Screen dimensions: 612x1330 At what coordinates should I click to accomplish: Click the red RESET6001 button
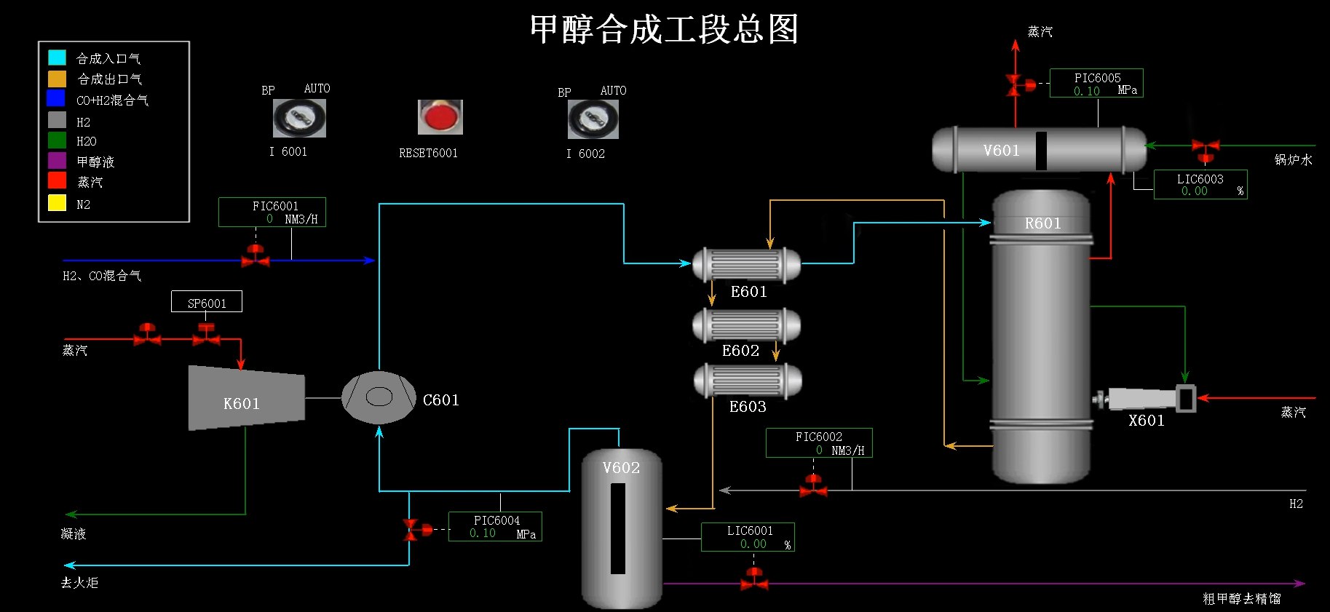tap(440, 117)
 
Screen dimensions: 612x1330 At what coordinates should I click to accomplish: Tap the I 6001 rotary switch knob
tap(299, 118)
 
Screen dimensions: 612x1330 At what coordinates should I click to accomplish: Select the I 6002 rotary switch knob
tap(593, 119)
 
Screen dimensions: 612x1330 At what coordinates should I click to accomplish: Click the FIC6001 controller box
tap(272, 212)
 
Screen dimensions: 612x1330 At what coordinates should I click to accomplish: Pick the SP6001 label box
tap(207, 302)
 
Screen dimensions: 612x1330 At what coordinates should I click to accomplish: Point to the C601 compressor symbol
tap(379, 397)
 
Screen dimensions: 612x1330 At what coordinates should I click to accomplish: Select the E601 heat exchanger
tap(746, 265)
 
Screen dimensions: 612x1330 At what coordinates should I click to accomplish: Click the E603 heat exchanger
tap(748, 381)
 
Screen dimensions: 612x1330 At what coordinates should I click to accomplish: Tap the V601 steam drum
tap(1039, 151)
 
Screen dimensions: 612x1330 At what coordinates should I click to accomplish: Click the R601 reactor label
tap(1042, 223)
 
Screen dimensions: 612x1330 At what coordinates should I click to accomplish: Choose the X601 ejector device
tap(1147, 399)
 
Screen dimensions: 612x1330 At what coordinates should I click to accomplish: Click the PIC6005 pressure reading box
tap(1096, 84)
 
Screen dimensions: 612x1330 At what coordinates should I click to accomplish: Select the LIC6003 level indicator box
tap(1200, 185)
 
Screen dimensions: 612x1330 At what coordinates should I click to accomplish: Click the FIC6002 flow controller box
tap(819, 442)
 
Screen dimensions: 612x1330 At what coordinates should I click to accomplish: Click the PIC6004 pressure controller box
tap(495, 526)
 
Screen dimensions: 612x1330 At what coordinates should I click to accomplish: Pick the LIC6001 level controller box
tap(748, 537)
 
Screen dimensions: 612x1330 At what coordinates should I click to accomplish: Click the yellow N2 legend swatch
tap(57, 203)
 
